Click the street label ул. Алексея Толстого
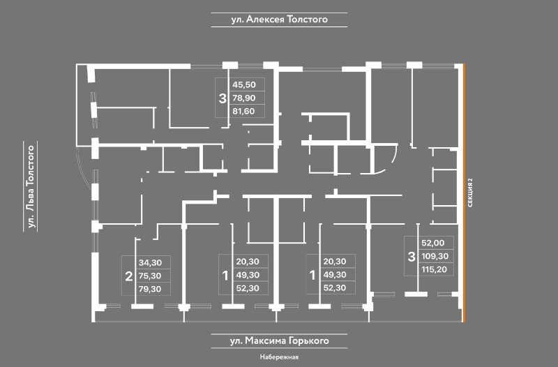279,20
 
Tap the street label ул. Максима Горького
279,341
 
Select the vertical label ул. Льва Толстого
30,186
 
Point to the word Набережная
279,358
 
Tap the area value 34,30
150,263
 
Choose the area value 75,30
150,276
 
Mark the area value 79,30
150,288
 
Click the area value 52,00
432,244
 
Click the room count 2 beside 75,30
128,276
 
